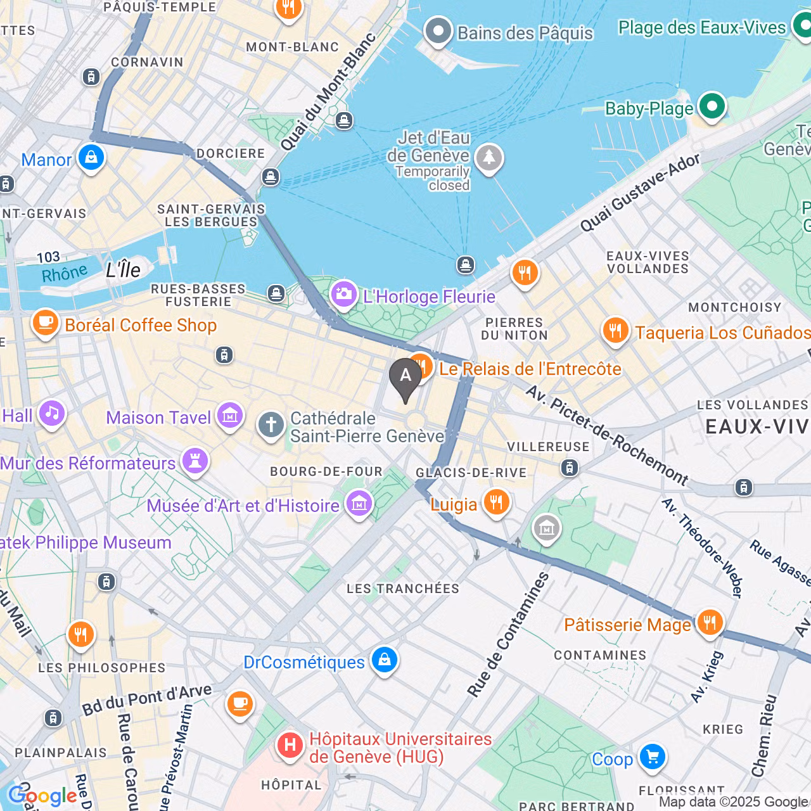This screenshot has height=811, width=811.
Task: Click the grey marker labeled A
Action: click(405, 376)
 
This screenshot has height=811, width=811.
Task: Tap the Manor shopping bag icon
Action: click(91, 157)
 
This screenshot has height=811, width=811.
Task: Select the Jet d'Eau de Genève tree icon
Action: click(489, 156)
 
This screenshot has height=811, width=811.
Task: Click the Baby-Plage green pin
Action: click(712, 106)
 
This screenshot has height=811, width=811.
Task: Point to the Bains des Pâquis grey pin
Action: click(438, 31)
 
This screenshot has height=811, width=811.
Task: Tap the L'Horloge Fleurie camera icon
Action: click(344, 295)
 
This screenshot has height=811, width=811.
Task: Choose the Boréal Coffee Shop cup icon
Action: click(45, 323)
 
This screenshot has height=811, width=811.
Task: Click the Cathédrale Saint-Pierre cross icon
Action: click(271, 425)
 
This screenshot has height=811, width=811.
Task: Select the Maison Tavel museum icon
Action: click(229, 416)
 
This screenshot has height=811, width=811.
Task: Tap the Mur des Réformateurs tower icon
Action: click(195, 462)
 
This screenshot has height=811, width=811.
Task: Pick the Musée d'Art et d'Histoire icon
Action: click(359, 504)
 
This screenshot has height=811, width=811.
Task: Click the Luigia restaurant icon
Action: click(496, 502)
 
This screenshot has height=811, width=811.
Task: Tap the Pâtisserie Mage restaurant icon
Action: click(710, 623)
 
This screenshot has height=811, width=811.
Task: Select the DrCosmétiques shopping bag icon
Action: click(384, 660)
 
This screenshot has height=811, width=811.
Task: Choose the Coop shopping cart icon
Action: click(652, 757)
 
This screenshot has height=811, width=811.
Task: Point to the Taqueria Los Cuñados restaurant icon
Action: click(615, 331)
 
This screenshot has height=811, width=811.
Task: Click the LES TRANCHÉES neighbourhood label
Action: click(403, 589)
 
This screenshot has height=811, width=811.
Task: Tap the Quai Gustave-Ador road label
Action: click(640, 193)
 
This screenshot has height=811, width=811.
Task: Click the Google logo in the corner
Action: click(43, 796)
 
